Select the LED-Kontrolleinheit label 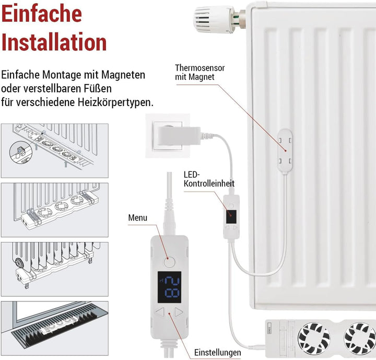click(x=209, y=179)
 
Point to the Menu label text click(x=138, y=217)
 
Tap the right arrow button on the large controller click(x=179, y=312)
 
